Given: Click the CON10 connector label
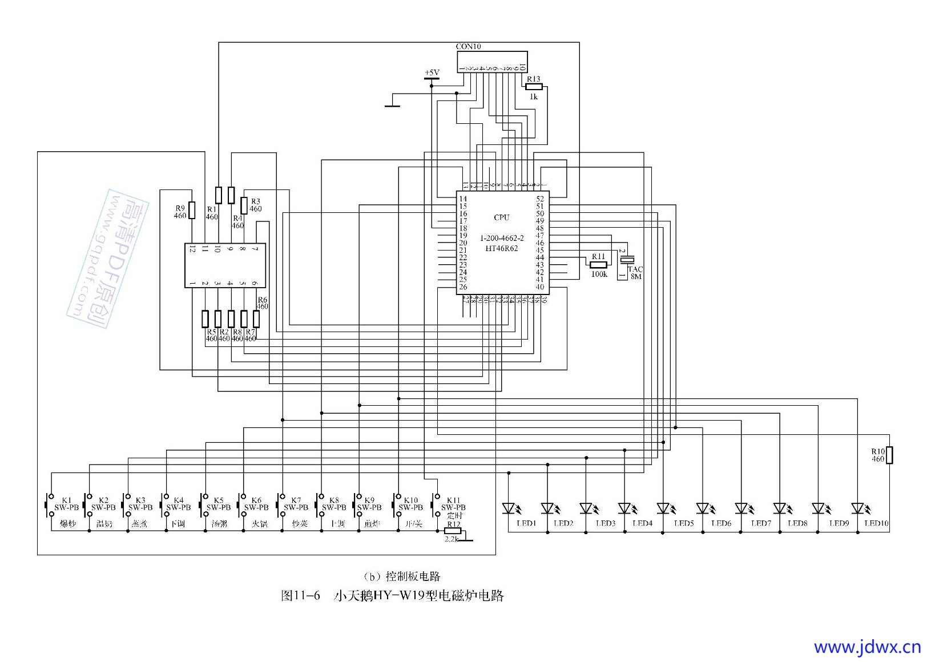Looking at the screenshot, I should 468,47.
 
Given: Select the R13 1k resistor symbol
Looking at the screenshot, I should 534,87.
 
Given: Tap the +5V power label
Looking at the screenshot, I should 432,72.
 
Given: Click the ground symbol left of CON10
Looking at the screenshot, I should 392,105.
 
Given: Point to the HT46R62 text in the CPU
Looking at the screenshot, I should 502,249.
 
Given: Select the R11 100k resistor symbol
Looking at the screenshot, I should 598,265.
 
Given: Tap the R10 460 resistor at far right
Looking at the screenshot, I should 889,455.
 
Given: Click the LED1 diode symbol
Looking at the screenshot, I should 509,508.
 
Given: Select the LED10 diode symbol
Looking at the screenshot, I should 857,508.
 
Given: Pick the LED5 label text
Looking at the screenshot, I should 684,523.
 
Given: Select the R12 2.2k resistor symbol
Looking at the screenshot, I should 453,531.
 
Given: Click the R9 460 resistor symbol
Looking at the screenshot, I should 192,211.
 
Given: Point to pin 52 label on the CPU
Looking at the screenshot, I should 540,199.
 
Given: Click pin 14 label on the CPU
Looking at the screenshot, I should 463,199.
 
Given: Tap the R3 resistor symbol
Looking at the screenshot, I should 244,205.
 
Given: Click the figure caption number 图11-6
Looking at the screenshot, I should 300,596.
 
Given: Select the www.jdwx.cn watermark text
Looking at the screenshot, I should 866,647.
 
